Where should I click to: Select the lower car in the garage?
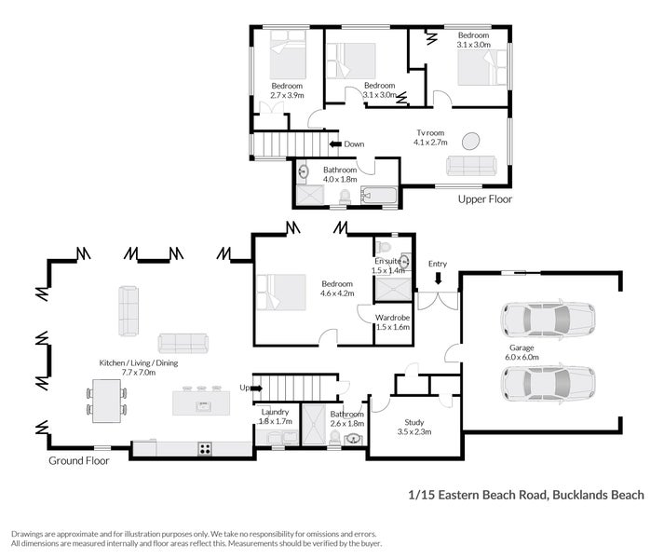tap(548, 381)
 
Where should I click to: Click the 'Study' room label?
tap(413, 422)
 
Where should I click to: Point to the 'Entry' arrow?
tap(438, 278)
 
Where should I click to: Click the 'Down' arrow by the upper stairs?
tap(336, 144)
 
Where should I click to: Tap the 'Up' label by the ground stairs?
tap(245, 387)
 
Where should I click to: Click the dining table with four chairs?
tap(108, 400)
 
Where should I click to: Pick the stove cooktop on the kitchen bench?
tap(205, 449)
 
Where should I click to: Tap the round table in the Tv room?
tap(473, 142)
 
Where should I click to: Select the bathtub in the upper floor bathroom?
tap(378, 197)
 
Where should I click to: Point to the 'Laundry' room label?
tap(276, 411)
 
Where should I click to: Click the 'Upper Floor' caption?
tap(484, 199)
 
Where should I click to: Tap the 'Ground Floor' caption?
tap(79, 460)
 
